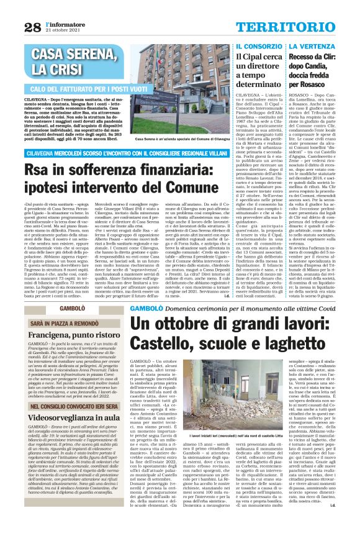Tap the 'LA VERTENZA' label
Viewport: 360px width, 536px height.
click(310, 46)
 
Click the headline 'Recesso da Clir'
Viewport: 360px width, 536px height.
click(316, 65)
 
